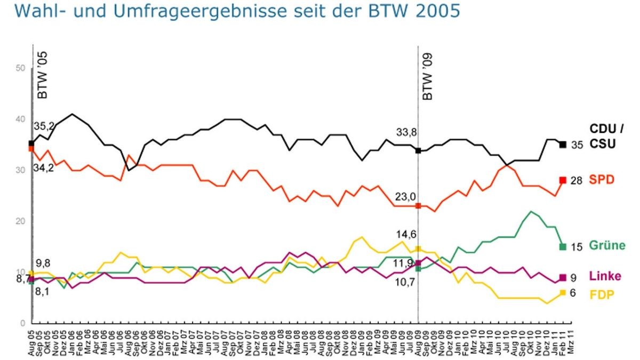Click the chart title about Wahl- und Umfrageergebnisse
pos(230,11)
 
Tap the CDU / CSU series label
pos(606,136)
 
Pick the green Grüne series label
pos(607,246)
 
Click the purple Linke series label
pos(604,277)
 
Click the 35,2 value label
pos(45,127)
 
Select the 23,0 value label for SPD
pos(405,197)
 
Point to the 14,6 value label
pos(405,234)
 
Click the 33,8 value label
pos(406,132)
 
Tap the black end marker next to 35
pos(563,145)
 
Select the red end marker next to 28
pos(563,180)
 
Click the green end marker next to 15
pos(563,246)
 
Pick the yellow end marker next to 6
pos(563,292)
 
